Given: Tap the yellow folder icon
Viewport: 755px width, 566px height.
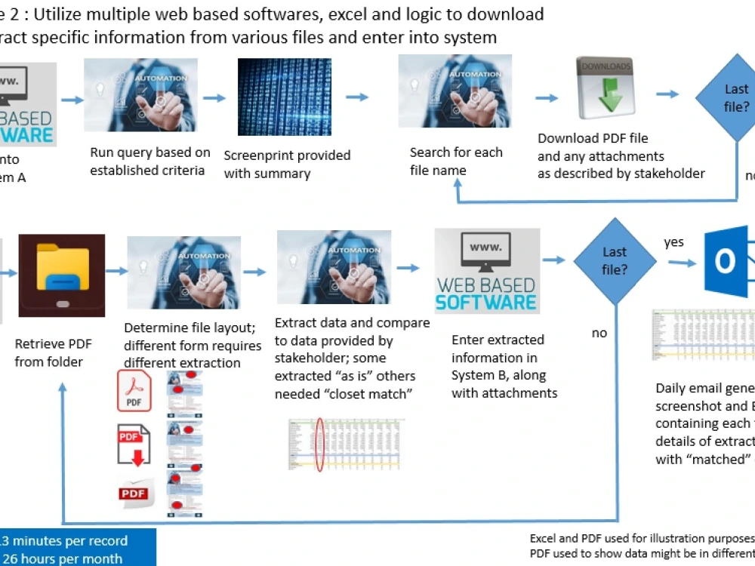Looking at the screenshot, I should point(63,273).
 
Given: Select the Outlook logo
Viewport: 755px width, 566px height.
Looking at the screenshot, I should point(726,261).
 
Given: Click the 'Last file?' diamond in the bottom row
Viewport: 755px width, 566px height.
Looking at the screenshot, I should point(615,261).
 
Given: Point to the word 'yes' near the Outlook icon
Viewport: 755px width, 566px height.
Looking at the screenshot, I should point(673,242).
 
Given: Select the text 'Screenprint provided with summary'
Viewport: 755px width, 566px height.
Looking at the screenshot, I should point(287,164).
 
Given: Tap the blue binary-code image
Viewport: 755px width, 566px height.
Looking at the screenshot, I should point(284,97).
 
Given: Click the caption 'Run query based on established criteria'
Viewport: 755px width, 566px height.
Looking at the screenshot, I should point(149,161).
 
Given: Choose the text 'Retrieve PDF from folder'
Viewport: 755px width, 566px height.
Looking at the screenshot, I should point(53,352).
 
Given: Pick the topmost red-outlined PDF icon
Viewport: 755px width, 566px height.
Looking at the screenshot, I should point(134,392).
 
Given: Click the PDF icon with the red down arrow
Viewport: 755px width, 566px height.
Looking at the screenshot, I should point(134,444).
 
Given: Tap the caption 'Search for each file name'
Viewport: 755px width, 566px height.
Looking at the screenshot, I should point(455,161).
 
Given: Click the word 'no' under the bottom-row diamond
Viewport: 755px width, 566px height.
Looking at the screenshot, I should point(599,333).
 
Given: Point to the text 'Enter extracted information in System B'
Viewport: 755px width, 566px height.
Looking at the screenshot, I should point(503,366).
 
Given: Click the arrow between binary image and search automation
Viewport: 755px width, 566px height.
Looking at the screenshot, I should point(357,97).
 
